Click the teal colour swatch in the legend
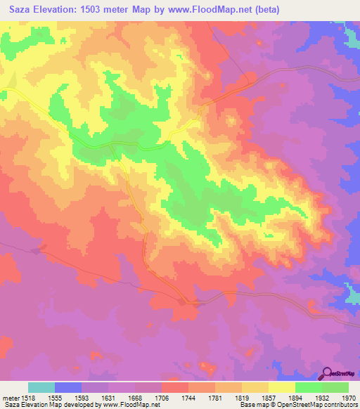[41, 387]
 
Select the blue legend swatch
[68, 387]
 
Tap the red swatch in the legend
[175, 387]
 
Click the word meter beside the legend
[9, 397]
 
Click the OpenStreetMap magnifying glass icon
[326, 373]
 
